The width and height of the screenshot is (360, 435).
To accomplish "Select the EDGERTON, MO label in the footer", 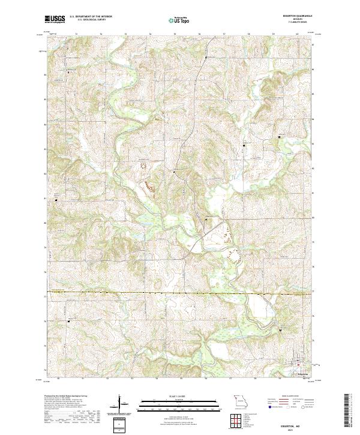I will pos(298,421).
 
